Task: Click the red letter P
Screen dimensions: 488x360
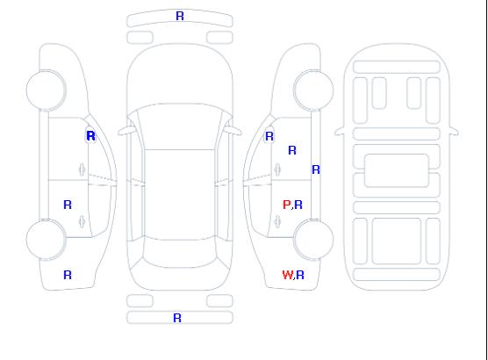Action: tap(286, 205)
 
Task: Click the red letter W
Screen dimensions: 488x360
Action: tap(288, 275)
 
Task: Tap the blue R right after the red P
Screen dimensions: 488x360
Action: tap(298, 205)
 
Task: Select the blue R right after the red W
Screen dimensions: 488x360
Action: tap(300, 275)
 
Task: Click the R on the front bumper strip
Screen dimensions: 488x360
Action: tap(180, 16)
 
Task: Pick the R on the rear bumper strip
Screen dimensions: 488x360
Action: tap(177, 318)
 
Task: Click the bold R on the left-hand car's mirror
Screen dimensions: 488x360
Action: tap(90, 136)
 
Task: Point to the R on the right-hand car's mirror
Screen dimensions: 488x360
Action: tap(269, 136)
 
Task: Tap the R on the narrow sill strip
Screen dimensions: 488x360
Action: tap(316, 169)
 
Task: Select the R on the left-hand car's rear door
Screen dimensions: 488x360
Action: tap(68, 205)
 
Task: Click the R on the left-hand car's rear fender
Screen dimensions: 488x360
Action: tap(68, 275)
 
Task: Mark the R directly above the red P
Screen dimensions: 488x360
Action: tap(292, 150)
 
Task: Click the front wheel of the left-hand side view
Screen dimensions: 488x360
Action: tap(46, 90)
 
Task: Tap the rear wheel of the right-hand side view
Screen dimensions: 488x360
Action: tap(313, 239)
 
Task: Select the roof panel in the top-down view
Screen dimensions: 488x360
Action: tap(180, 195)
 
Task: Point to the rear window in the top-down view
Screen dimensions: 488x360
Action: tap(180, 253)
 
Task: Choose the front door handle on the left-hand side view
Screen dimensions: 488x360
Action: tap(82, 169)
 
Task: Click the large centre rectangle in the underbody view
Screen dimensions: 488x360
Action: tap(397, 170)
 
